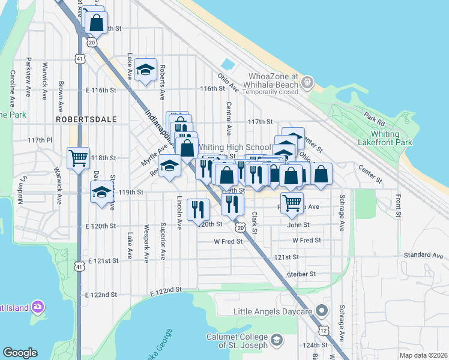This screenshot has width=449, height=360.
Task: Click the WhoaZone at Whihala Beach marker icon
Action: tap(308, 81)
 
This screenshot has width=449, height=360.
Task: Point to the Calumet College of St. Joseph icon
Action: tap(277, 341)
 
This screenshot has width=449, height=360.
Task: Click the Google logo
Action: tap(20, 353)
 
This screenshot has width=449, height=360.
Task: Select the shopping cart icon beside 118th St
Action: tap(79, 158)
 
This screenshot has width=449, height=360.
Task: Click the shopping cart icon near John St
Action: tap(292, 203)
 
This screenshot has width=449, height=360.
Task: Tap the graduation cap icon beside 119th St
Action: tap(101, 192)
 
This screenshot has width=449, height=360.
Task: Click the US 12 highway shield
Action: tap(324, 331)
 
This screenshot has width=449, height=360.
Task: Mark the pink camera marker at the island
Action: tap(38, 307)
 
